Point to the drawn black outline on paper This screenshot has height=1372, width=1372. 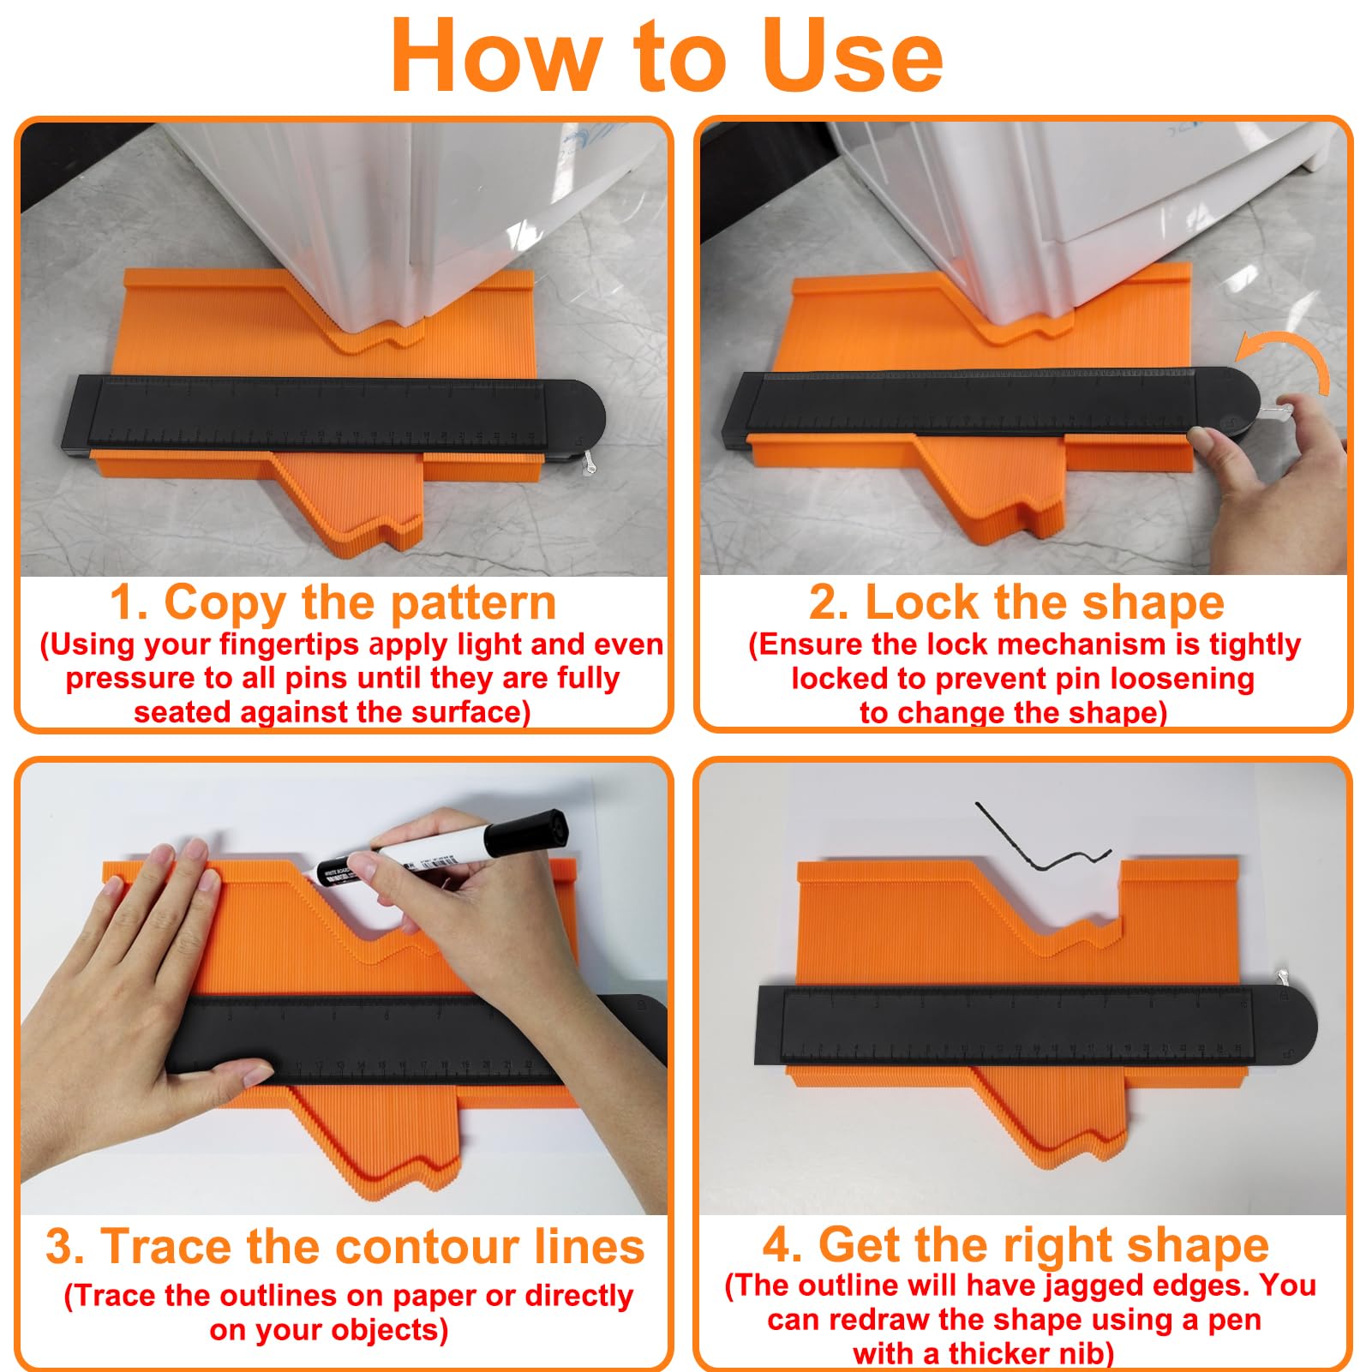1041,844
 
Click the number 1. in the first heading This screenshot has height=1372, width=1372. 129,602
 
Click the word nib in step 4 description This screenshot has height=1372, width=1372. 1085,1354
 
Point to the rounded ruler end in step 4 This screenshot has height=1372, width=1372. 1285,1027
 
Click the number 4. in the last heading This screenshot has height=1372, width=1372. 782,1245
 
